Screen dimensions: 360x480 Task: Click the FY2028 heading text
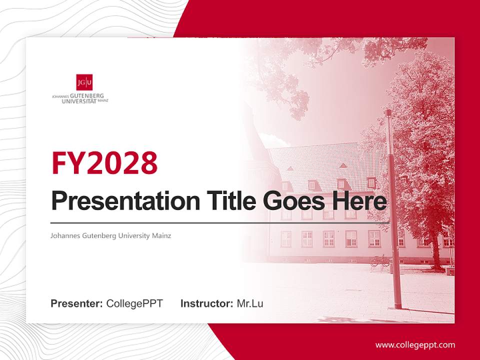point(104,163)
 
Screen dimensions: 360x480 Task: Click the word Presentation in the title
point(118,201)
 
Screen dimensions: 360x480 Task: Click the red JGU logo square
point(84,82)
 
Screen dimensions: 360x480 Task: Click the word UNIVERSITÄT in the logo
point(79,101)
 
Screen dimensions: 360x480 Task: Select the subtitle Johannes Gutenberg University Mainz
point(111,235)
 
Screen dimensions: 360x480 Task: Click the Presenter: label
point(77,303)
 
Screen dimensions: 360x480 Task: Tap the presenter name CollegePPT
point(134,303)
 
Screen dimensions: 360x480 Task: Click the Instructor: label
point(206,303)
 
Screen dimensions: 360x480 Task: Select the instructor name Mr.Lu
point(250,303)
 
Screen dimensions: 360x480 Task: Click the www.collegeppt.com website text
point(415,345)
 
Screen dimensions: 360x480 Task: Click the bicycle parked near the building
point(380,260)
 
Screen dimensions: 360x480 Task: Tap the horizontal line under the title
point(220,223)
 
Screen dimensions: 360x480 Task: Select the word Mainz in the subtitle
point(161,235)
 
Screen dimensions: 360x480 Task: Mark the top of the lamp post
point(388,112)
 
